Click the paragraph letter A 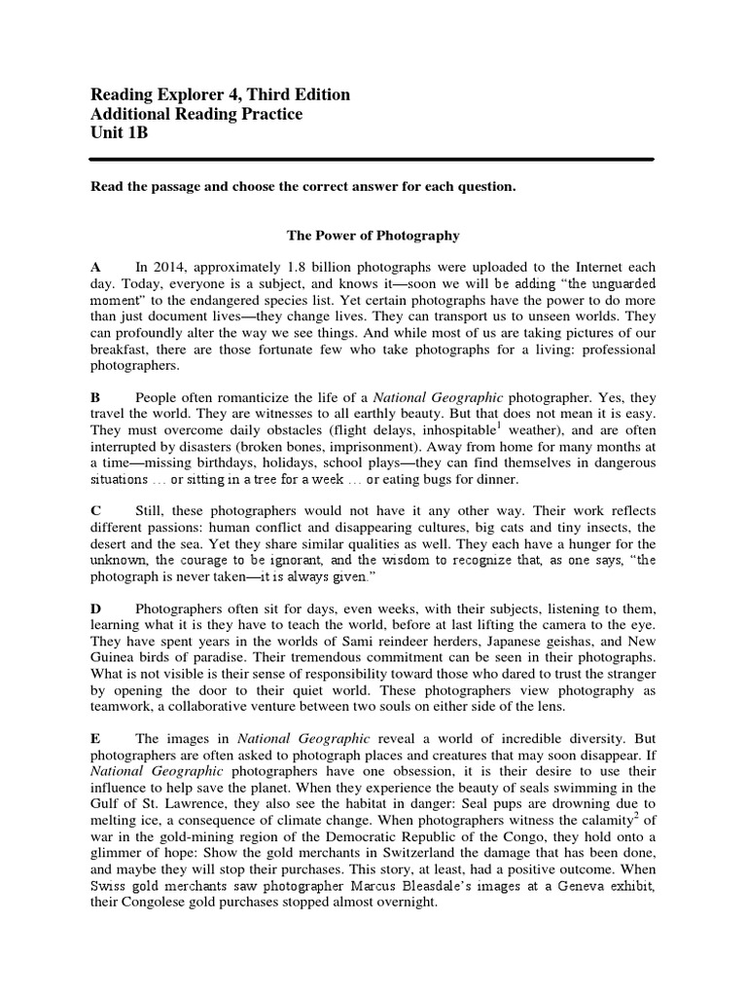(x=95, y=267)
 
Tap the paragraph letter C (x=95, y=511)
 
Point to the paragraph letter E (x=95, y=740)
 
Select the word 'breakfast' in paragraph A (x=121, y=350)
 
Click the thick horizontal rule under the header (x=373, y=160)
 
